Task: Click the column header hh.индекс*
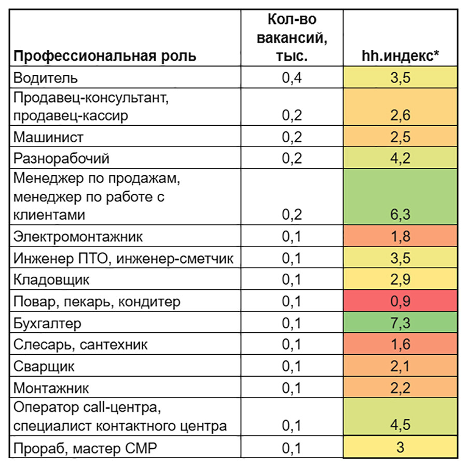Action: (400, 56)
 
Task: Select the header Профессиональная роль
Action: (105, 56)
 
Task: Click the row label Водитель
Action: (46, 78)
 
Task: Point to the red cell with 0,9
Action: (400, 302)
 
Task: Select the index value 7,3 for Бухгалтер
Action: (400, 324)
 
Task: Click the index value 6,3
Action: (400, 215)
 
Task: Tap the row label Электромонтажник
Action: (78, 237)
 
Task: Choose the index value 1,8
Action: (400, 237)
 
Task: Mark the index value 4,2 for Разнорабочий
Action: (400, 158)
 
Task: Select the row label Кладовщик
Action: (51, 280)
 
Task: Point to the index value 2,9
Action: (400, 280)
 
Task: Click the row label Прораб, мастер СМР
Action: (85, 447)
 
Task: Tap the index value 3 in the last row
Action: (400, 447)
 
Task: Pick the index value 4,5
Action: (400, 425)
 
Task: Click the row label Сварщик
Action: (44, 367)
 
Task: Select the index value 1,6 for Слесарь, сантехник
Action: (400, 345)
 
